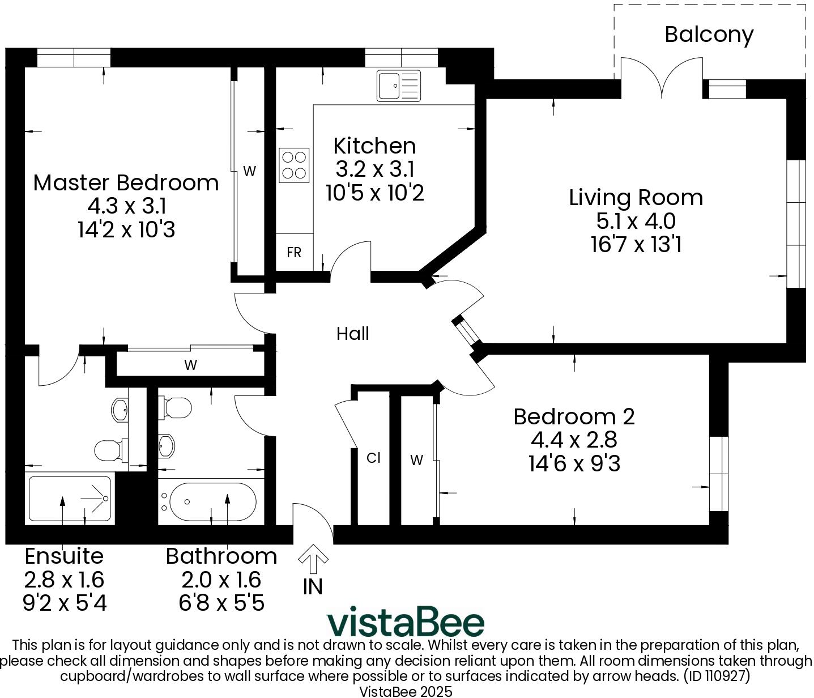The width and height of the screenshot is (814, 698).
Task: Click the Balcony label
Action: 709,35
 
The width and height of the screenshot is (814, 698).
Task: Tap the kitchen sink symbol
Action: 399,86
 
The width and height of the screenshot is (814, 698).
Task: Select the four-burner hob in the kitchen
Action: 294,165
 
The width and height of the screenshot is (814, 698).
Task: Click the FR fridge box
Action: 294,253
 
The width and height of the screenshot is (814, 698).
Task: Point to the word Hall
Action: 352,334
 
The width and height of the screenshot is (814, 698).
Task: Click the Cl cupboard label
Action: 373,458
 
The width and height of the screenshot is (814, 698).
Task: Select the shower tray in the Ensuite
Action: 70,499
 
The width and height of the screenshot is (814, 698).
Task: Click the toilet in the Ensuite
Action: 109,450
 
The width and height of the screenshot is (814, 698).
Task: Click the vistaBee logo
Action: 406,622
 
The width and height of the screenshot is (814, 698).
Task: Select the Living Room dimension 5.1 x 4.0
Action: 636,221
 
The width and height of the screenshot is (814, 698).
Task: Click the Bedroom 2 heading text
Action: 574,416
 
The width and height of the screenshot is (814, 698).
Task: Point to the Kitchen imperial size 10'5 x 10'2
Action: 374,193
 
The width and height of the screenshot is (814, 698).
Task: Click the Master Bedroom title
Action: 126,182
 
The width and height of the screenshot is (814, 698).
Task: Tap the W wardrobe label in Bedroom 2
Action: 416,461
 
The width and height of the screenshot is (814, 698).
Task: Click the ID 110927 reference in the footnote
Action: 717,676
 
